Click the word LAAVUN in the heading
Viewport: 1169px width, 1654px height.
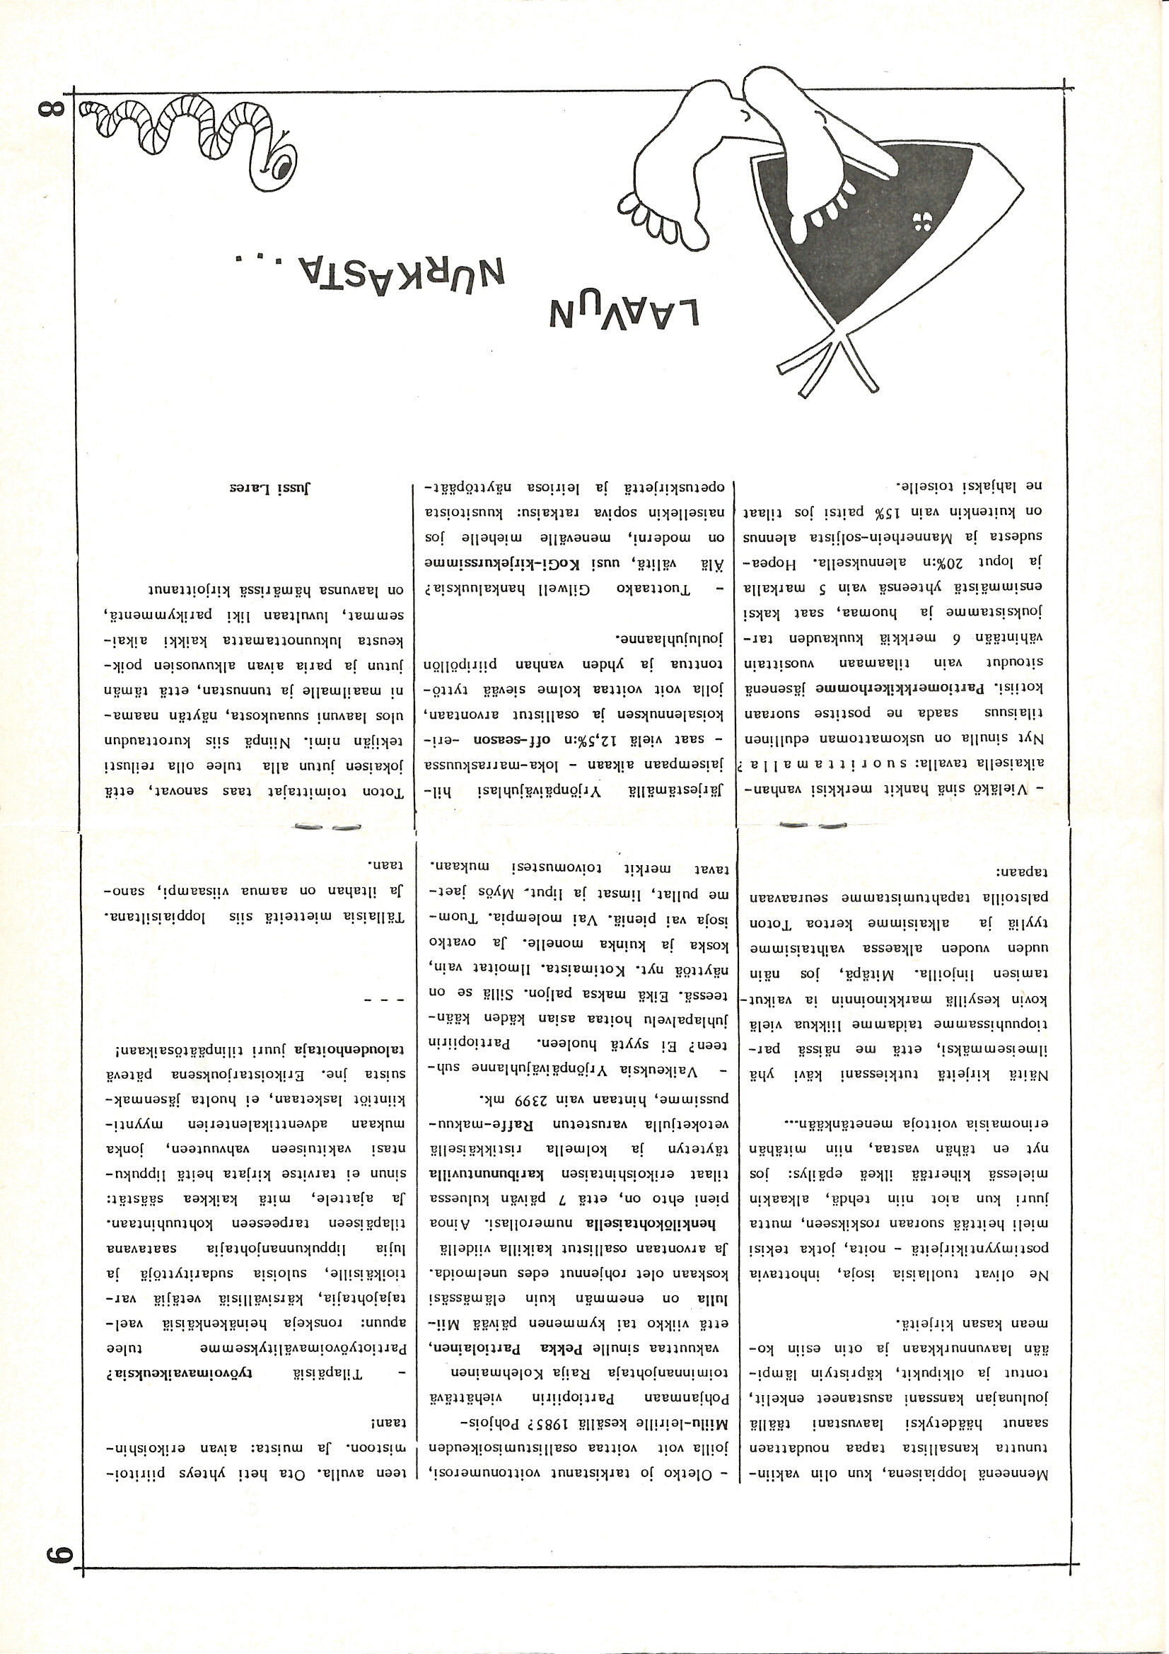coord(624,316)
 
